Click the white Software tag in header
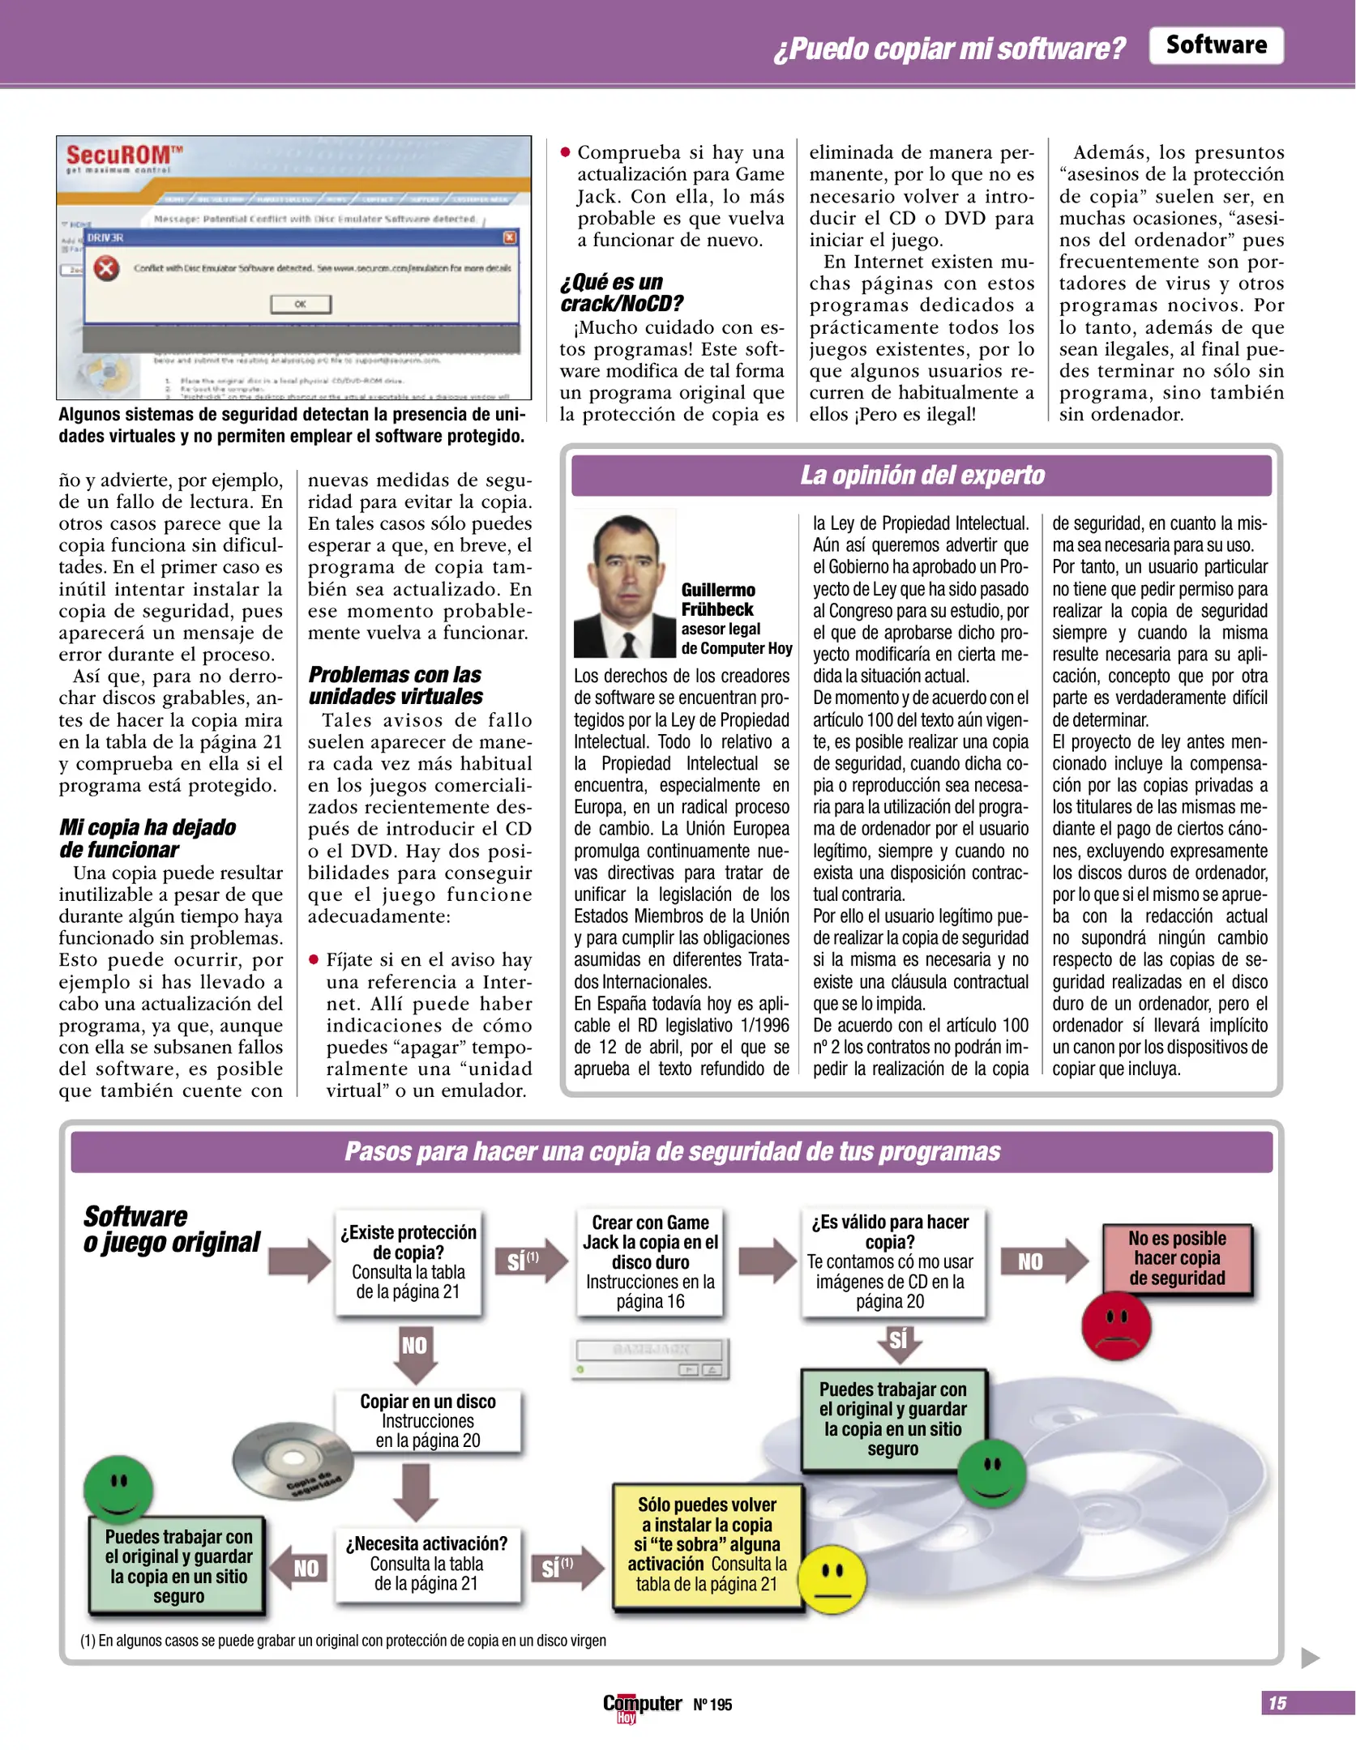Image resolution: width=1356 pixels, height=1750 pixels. (1215, 45)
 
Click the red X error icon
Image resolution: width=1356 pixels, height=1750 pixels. (106, 268)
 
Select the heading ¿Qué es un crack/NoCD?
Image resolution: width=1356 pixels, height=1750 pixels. (621, 292)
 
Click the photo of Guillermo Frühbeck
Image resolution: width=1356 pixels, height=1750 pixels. (624, 584)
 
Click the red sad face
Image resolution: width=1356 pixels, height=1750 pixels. (1115, 1325)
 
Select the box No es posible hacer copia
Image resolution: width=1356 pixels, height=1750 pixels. (1177, 1258)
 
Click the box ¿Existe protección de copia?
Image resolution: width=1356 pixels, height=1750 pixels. (408, 1261)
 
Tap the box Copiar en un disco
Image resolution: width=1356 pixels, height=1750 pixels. (427, 1421)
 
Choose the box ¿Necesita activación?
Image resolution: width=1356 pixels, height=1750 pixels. (426, 1564)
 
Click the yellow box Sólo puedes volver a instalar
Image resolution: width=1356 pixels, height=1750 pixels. (707, 1544)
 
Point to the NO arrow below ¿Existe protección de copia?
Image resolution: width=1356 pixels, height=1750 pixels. (415, 1352)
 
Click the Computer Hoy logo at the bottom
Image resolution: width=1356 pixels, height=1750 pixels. (641, 1705)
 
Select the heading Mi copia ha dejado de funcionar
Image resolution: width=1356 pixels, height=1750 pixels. (148, 838)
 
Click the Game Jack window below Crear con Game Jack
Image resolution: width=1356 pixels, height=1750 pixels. (651, 1358)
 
